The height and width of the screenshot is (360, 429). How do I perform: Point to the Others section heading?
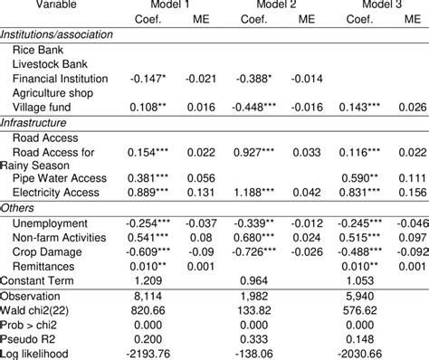(x=21, y=207)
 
